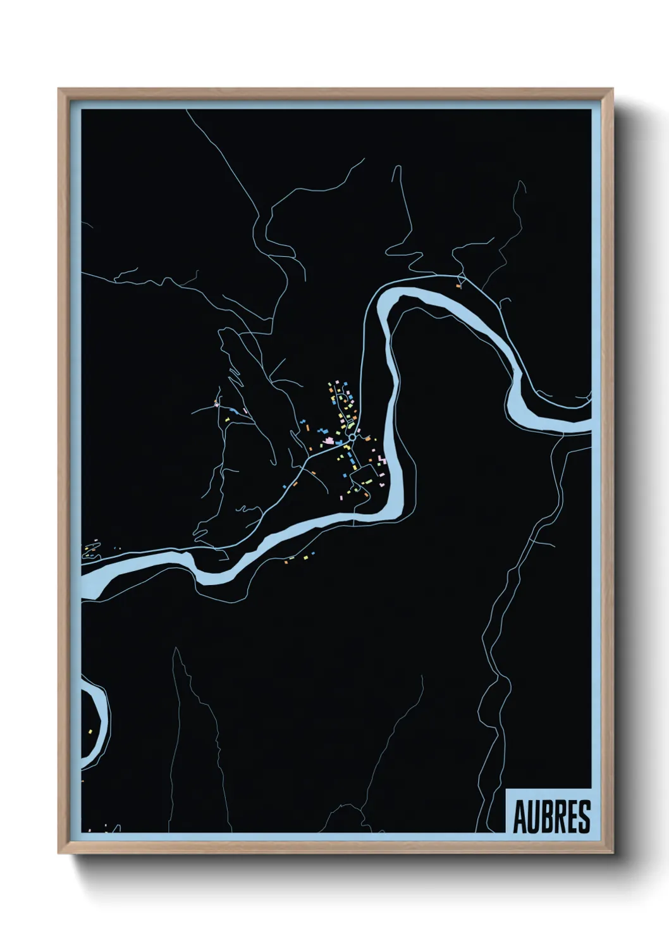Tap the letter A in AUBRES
click(519, 817)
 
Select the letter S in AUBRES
click(584, 817)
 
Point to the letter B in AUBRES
click(546, 817)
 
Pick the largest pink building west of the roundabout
click(328, 440)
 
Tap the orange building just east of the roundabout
click(367, 438)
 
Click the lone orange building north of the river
click(460, 286)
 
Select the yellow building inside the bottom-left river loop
click(90, 730)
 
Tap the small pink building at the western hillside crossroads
click(216, 403)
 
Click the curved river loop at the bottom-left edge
click(101, 715)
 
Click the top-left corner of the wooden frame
click(59, 89)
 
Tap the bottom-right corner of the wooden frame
click(613, 853)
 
